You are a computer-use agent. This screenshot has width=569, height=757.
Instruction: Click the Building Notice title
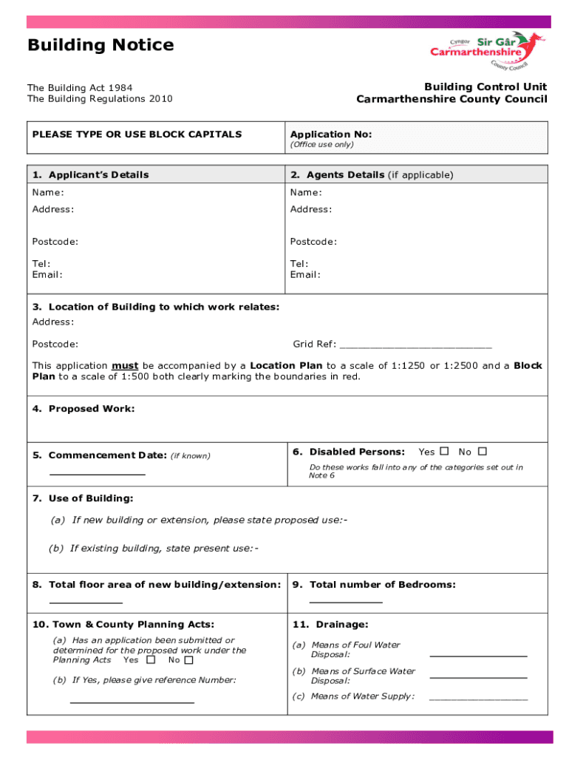click(x=100, y=45)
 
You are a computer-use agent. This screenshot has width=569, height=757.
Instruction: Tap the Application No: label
click(x=330, y=135)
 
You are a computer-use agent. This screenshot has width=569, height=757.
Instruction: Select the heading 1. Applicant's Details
click(x=90, y=175)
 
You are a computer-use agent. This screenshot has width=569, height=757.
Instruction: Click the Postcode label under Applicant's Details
click(x=55, y=242)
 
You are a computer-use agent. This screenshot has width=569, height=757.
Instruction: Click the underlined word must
click(x=125, y=366)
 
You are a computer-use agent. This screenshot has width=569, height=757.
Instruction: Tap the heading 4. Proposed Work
click(x=84, y=409)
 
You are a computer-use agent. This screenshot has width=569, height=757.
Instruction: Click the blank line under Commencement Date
click(x=97, y=474)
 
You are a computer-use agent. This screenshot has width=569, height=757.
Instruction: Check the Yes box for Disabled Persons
click(x=444, y=451)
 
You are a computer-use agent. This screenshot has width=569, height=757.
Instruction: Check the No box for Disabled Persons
click(x=482, y=451)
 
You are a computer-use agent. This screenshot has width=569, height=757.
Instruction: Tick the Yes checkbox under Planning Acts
click(x=151, y=659)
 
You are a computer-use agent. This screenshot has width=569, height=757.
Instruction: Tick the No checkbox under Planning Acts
click(x=188, y=659)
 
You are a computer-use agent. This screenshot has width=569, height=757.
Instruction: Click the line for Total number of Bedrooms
click(x=345, y=603)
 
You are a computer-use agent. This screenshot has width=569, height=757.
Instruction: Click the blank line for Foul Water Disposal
click(x=478, y=656)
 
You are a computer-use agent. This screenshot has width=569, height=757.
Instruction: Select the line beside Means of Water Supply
click(x=478, y=698)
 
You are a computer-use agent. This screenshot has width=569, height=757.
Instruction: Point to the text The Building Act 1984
click(x=80, y=88)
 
